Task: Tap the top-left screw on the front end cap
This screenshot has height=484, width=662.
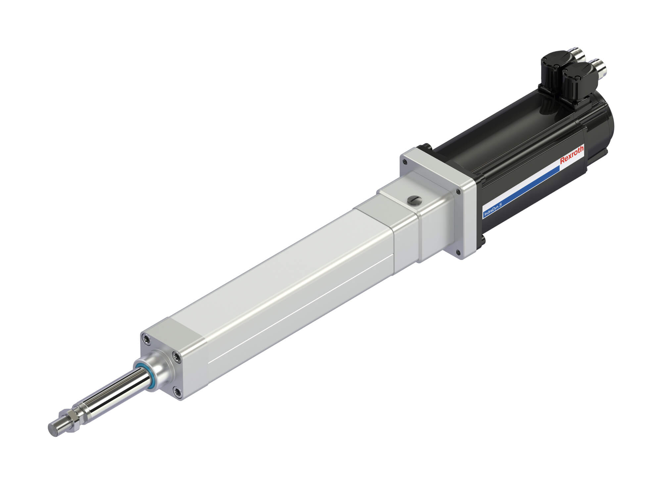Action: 146,338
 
